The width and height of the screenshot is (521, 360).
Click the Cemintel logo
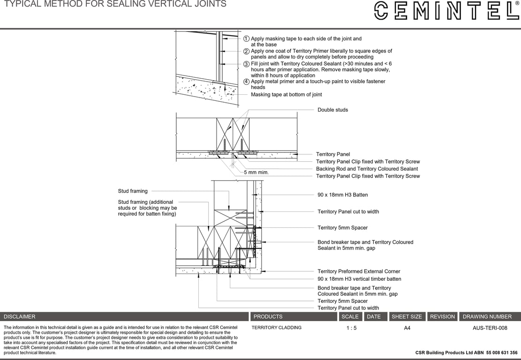pyautogui.click(x=445, y=10)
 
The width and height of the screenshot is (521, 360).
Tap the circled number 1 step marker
pyautogui.click(x=246, y=39)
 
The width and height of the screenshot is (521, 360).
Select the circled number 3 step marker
pyautogui.click(x=246, y=64)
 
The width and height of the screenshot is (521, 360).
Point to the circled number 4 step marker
pyautogui.click(x=246, y=82)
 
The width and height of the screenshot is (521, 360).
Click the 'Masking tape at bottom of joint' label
pyautogui.click(x=286, y=95)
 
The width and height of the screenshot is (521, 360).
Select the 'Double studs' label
pyautogui.click(x=332, y=110)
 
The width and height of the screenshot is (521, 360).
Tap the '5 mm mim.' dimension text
pyautogui.click(x=256, y=172)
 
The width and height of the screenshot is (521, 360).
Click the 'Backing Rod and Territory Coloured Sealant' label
pyautogui.click(x=367, y=169)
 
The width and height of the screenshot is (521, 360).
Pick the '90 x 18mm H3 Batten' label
pyautogui.click(x=342, y=195)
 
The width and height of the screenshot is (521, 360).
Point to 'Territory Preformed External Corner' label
pyautogui.click(x=359, y=271)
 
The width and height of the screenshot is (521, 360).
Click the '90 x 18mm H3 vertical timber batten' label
pyautogui.click(x=359, y=279)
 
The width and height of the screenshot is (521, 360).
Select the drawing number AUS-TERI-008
pyautogui.click(x=490, y=328)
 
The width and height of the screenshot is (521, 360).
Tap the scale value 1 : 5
pyautogui.click(x=351, y=328)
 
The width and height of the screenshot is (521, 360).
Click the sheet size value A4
pyautogui.click(x=407, y=328)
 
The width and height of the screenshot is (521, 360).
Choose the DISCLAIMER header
pyautogui.click(x=20, y=317)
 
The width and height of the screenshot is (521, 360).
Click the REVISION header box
pyautogui.click(x=442, y=317)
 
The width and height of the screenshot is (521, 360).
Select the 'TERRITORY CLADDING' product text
pyautogui.click(x=276, y=328)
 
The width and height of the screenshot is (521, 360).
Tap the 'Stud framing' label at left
pyautogui.click(x=133, y=191)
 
